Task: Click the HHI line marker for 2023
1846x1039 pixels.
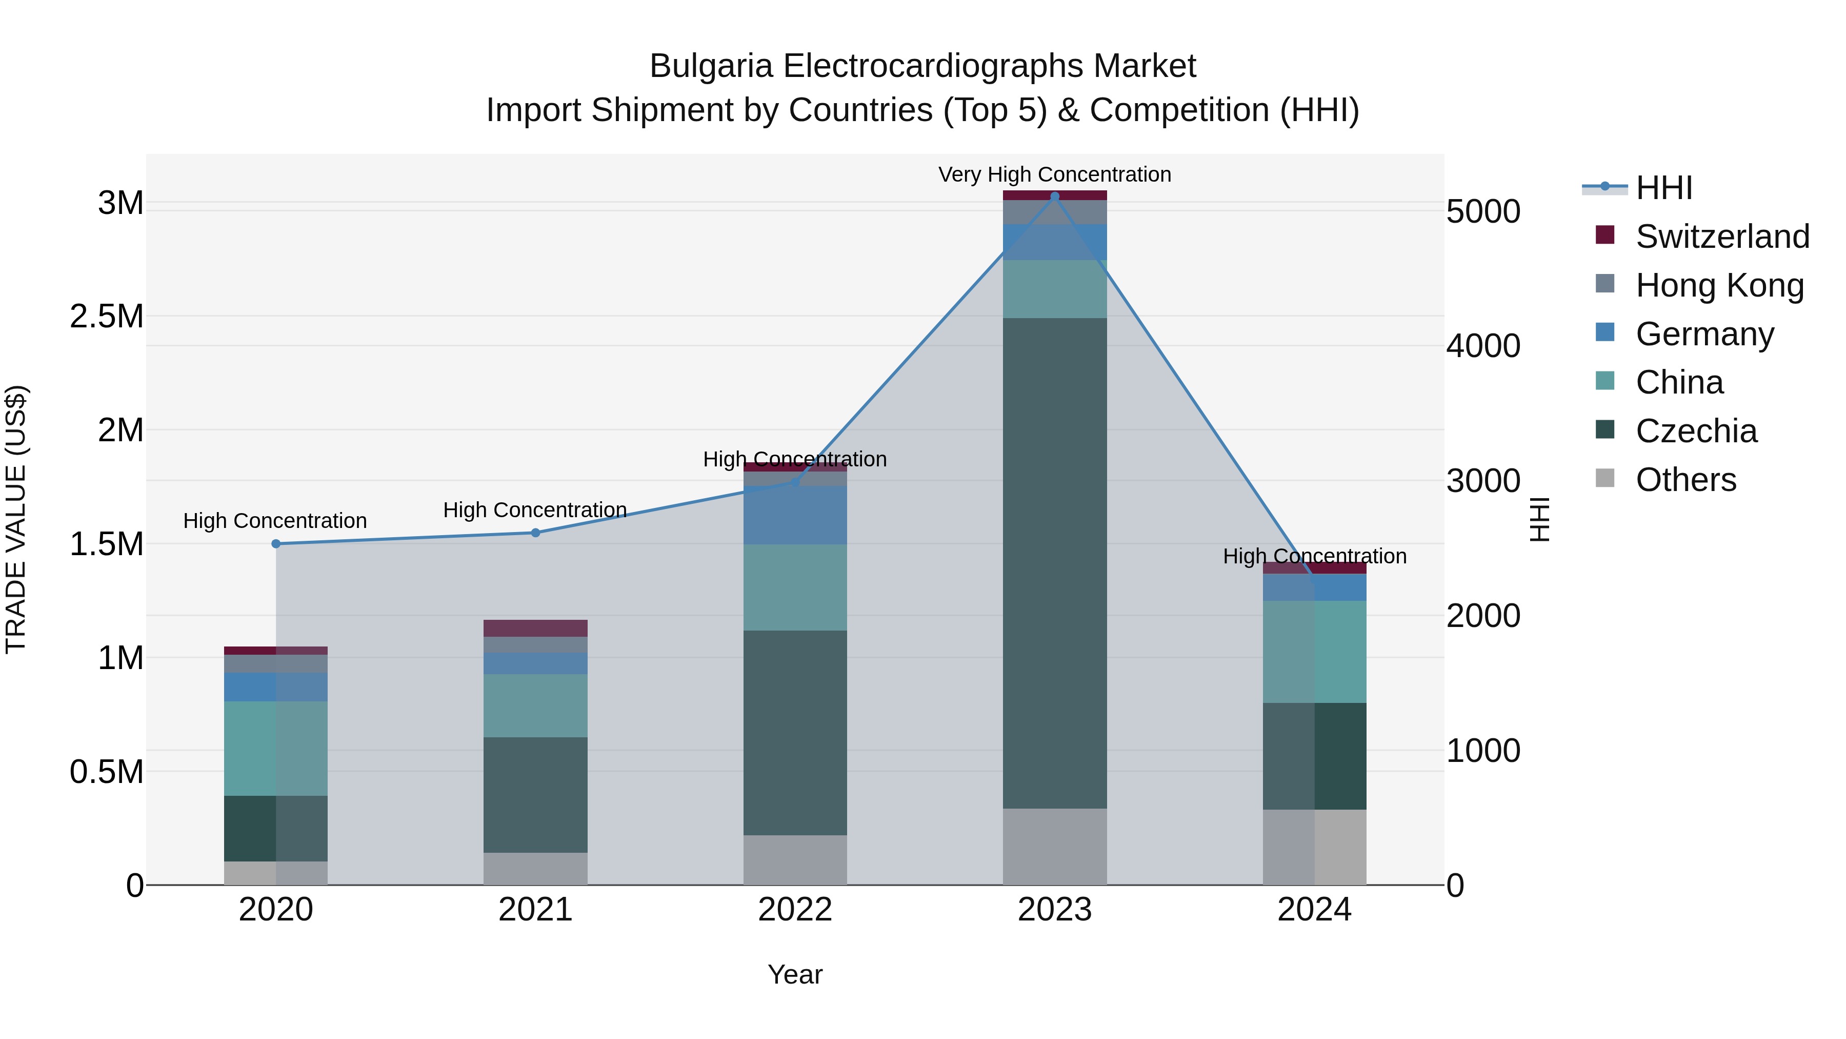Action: click(x=1054, y=197)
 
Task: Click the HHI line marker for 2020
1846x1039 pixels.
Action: click(x=276, y=543)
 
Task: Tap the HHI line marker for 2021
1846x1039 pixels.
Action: click(x=535, y=533)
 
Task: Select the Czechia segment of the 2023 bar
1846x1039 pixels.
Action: click(x=1054, y=563)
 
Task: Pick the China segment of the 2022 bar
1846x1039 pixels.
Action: click(x=795, y=587)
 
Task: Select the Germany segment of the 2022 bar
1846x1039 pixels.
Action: click(x=795, y=515)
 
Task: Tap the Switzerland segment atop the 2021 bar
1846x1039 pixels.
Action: click(x=535, y=628)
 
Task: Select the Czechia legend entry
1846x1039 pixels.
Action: click(x=1696, y=431)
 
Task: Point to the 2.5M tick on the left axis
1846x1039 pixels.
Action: click(x=107, y=316)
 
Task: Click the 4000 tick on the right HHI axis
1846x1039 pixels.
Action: click(x=1482, y=346)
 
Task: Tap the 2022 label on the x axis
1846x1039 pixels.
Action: click(x=795, y=910)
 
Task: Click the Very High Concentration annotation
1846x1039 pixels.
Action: click(x=1054, y=174)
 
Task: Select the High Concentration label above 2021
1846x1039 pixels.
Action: click(x=535, y=510)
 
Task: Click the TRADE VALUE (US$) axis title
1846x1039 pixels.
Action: click(x=16, y=519)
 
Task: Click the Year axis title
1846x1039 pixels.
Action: click(x=795, y=974)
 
